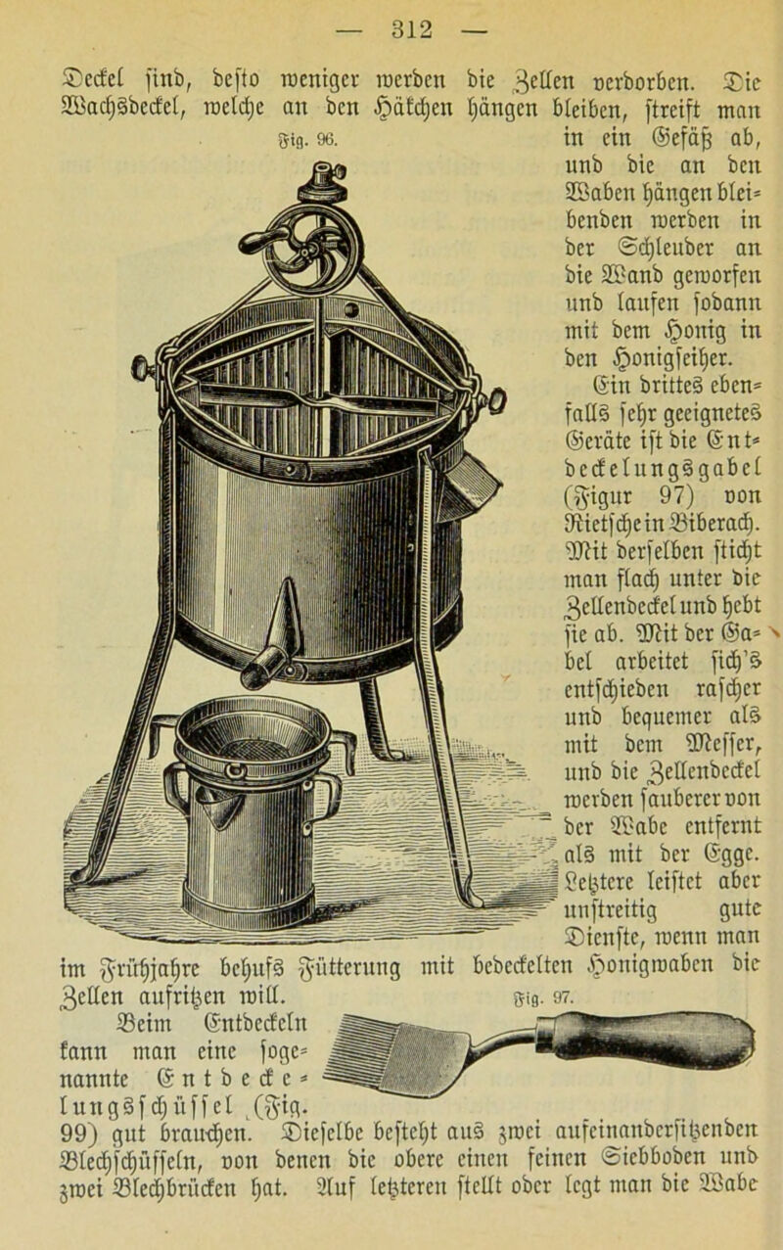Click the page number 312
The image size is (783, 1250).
tap(412, 29)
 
